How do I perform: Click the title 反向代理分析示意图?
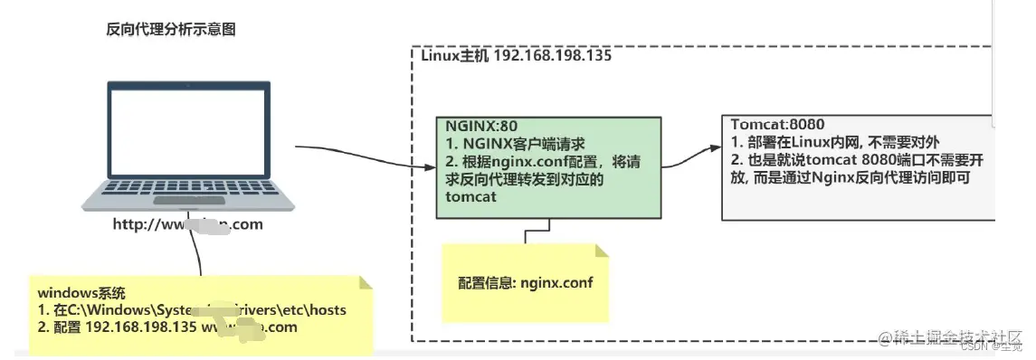[171, 29]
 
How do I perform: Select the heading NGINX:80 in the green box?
[483, 126]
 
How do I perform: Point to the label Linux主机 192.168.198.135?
[517, 55]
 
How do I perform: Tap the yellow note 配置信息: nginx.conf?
[526, 281]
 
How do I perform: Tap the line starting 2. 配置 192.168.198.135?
[167, 327]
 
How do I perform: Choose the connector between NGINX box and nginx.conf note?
[526, 232]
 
